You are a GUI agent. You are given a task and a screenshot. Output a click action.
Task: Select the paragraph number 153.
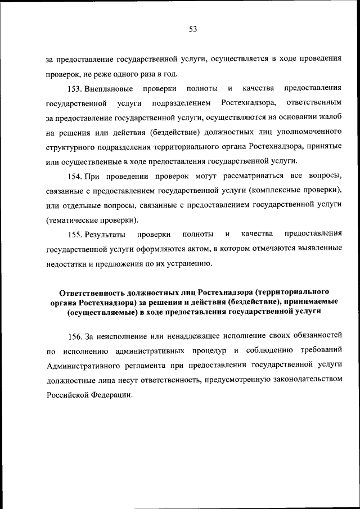[74, 89]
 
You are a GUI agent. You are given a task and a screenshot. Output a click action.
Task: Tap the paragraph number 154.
[74, 177]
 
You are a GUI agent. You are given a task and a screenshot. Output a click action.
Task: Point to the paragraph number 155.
[74, 234]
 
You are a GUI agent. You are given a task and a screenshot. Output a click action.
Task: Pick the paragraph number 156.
[74, 336]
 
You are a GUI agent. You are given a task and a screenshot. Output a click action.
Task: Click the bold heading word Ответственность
[92, 292]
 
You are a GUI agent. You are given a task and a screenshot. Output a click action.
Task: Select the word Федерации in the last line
[112, 395]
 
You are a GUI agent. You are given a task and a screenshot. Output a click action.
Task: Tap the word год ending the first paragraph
[171, 74]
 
